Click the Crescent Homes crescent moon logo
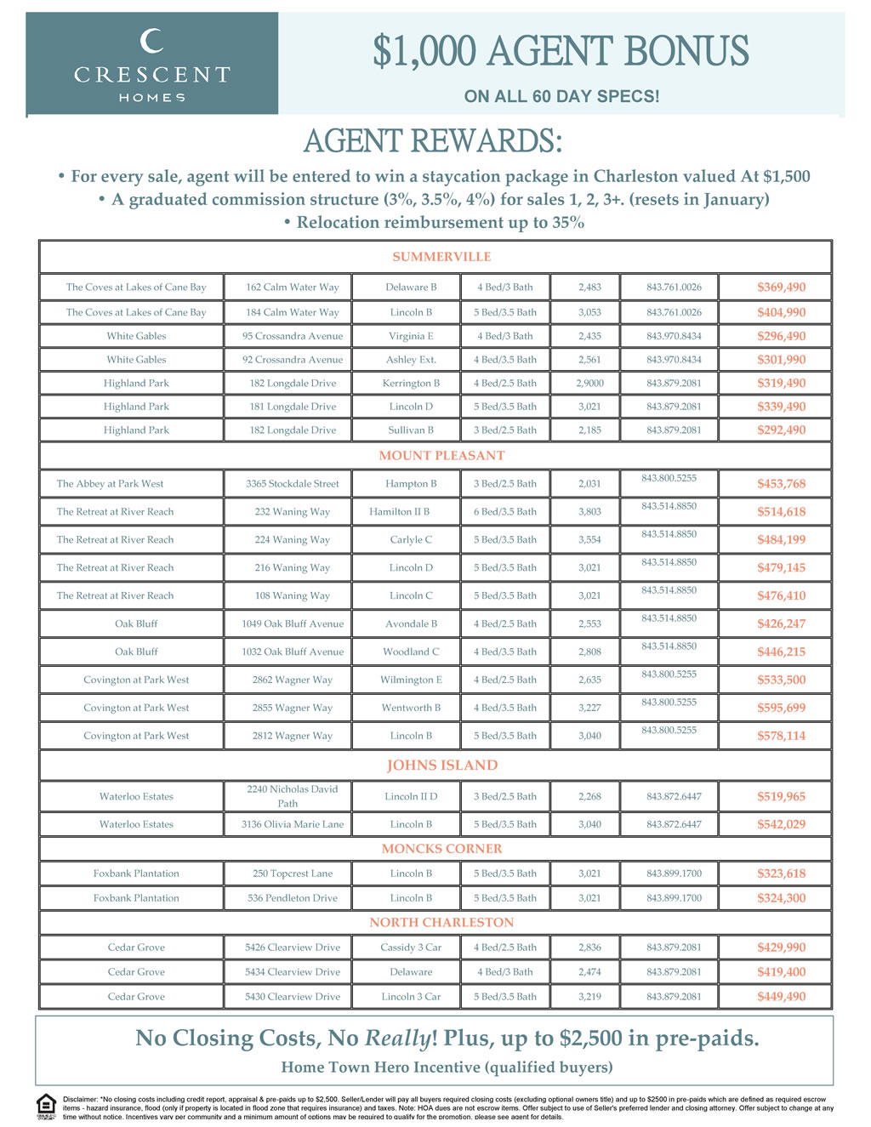[151, 41]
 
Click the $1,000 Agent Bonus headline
[561, 52]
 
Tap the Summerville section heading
[441, 257]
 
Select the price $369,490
[781, 287]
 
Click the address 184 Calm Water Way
[293, 312]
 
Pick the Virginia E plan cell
[411, 336]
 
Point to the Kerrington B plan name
[411, 384]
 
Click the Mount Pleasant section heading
[441, 456]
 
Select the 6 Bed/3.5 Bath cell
[505, 512]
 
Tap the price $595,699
[781, 708]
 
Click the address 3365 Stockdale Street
[293, 484]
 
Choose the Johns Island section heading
[441, 766]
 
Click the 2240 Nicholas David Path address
[293, 796]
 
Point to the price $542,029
[781, 824]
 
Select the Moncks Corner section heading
[441, 849]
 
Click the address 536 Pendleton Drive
[293, 898]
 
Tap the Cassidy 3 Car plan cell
[411, 948]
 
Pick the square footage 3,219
[589, 997]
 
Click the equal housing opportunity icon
[46, 1107]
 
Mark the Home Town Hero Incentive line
[447, 1067]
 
